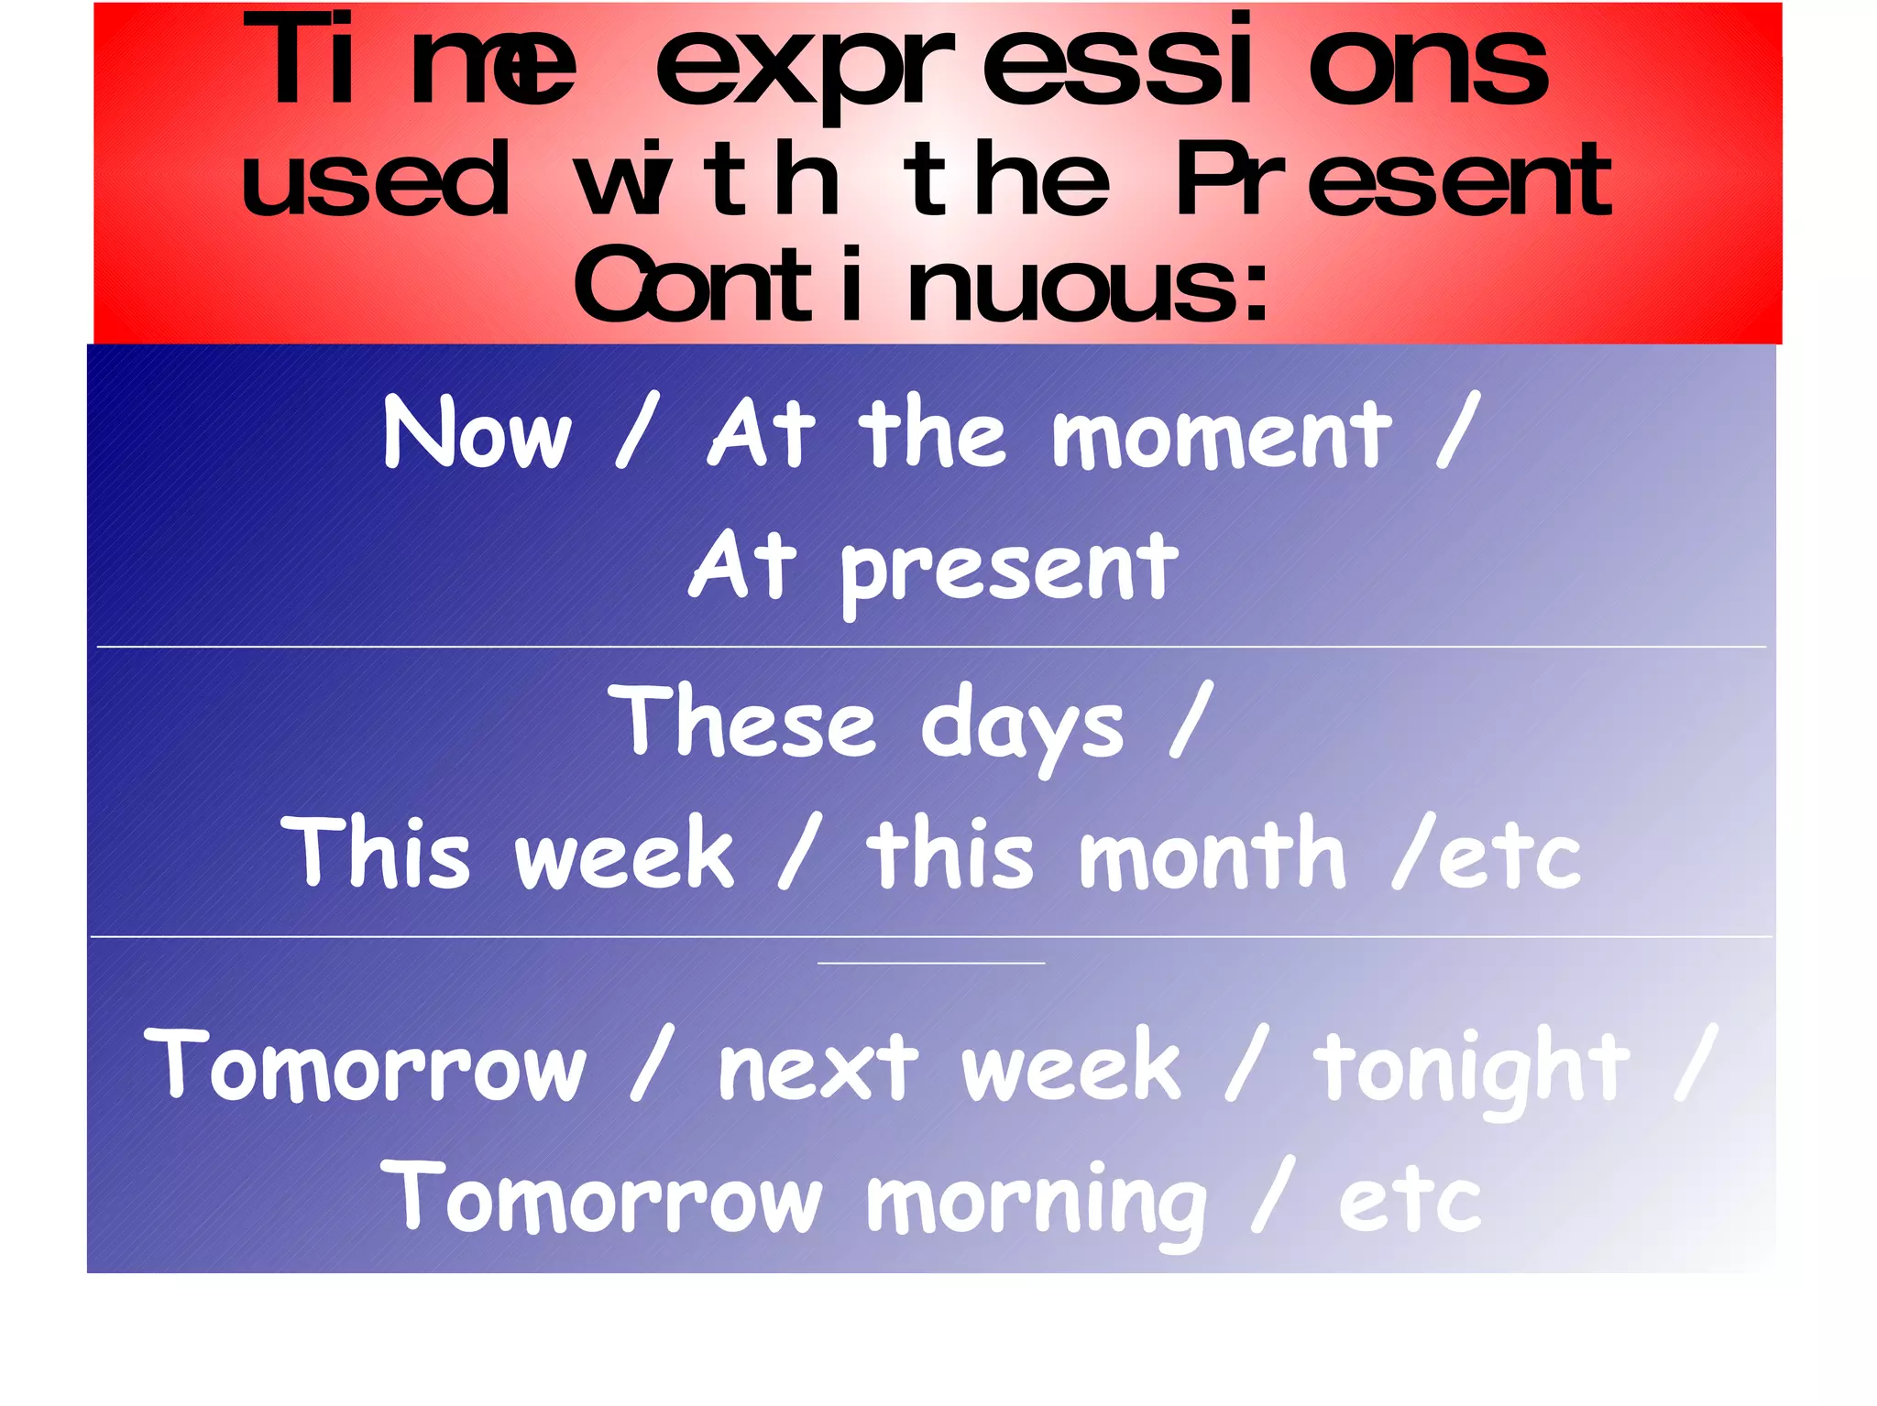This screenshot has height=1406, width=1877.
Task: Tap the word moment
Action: coord(1221,434)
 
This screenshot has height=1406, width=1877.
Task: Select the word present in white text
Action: coord(1009,570)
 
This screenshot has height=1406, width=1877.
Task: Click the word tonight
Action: coord(1472,1068)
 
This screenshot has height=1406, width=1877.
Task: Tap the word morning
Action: coord(1037,1201)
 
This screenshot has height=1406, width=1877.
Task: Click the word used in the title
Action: coord(375,180)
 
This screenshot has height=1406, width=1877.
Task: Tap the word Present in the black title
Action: coord(1393,180)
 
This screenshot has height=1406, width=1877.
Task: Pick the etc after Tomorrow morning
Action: coord(1409,1201)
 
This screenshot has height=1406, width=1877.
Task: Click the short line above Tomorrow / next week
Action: coord(930,964)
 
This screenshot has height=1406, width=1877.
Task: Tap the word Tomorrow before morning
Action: coord(601,1198)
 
